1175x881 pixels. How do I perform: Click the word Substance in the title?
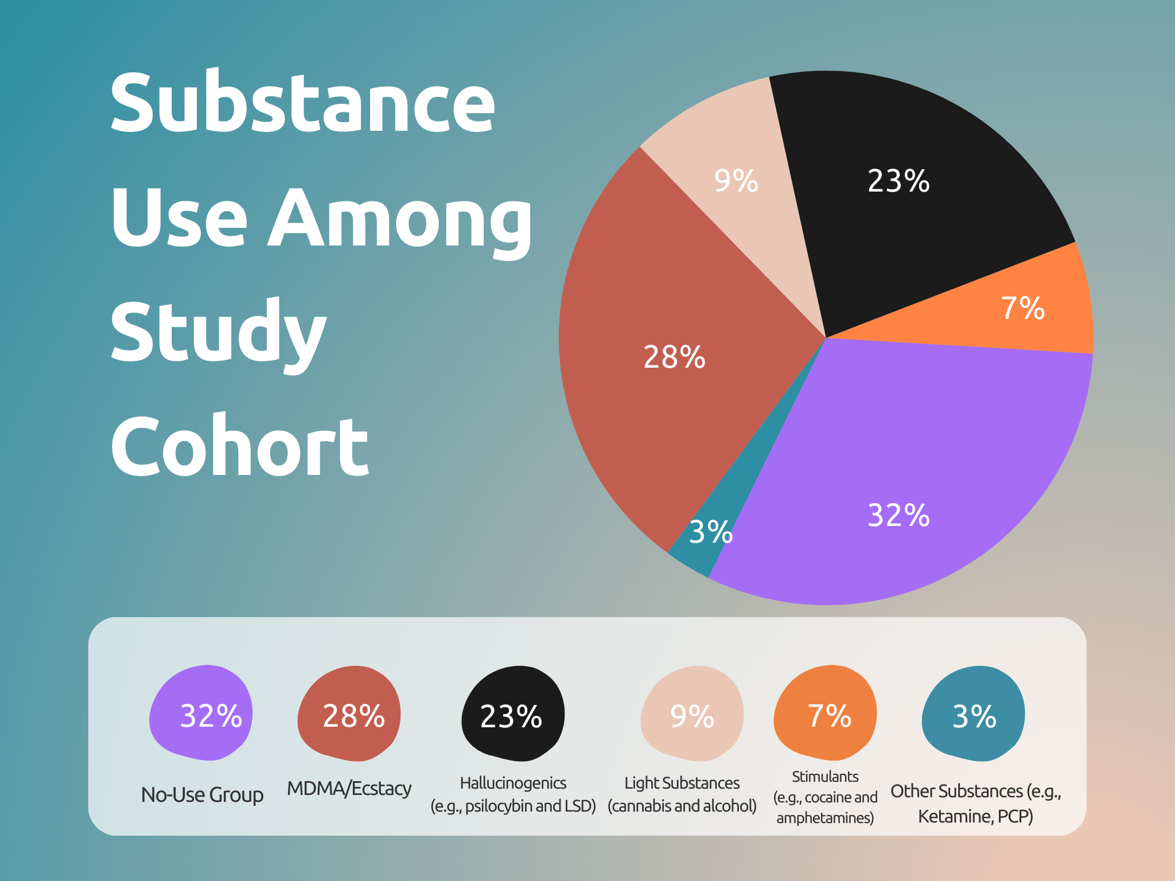point(302,103)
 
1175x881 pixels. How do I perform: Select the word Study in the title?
point(218,333)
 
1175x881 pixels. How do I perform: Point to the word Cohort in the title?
point(239,447)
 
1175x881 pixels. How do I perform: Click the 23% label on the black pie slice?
point(898,181)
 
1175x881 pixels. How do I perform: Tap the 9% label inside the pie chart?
point(736,181)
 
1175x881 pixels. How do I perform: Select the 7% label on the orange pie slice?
point(1022,309)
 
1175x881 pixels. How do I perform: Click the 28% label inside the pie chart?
point(674,357)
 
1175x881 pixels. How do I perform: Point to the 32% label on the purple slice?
point(898,515)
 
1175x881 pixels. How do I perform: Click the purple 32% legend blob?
point(201,714)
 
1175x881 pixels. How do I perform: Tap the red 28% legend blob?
point(349,714)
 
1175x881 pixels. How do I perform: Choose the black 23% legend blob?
point(512,714)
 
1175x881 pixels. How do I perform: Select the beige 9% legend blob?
point(692,714)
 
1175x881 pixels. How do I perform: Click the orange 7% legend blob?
point(825,714)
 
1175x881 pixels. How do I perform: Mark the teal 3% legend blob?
point(973,714)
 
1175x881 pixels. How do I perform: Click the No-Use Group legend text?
point(202,795)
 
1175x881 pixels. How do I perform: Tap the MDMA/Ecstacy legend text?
point(349,789)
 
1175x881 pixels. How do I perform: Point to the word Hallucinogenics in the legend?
point(513,783)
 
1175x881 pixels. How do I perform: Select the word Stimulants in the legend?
point(825,777)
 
